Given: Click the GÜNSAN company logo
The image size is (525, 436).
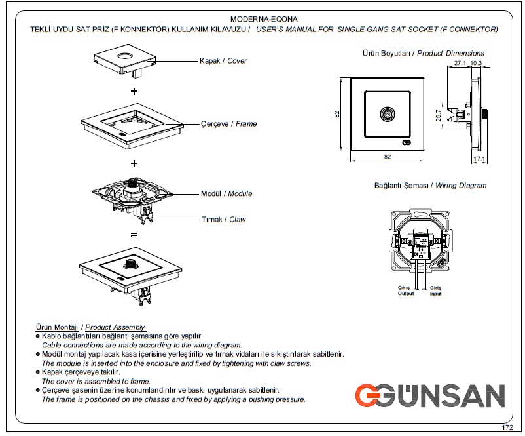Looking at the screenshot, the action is pos(430,395).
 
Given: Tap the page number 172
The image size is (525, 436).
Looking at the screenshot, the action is pos(507,427).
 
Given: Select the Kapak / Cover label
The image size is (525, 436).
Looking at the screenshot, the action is pos(223,61).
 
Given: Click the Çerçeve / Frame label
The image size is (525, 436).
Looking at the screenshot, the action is pos(228,124).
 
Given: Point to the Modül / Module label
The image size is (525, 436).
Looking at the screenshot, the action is pos(226,193).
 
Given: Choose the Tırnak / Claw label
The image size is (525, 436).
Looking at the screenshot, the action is pos(223,220).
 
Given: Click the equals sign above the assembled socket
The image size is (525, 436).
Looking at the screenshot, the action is pos(134,235).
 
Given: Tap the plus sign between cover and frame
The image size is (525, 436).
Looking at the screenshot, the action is pos(134,91).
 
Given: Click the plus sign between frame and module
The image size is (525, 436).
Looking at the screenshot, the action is pos(134,163).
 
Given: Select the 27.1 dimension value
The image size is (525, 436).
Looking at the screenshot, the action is pos(460,63).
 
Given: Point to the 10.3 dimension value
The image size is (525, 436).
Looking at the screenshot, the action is pos(476,63).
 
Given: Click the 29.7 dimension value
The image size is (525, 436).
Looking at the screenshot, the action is pos(439,115).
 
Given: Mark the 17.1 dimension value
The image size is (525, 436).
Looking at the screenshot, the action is pos(479,159).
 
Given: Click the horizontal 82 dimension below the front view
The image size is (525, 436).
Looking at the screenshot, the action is pos(388,157).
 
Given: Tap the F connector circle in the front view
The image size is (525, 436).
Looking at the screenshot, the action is pos(388,114).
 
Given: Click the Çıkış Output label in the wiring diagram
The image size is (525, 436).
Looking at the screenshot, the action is pos(405,290).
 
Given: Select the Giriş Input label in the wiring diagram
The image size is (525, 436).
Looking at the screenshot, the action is pos(435,291).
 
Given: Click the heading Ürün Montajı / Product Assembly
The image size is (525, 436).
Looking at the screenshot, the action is pos(90,327).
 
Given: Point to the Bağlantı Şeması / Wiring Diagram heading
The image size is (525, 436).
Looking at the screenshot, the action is pos(430,186).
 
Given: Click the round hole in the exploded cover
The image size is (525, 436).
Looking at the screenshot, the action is pos(125,55).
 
